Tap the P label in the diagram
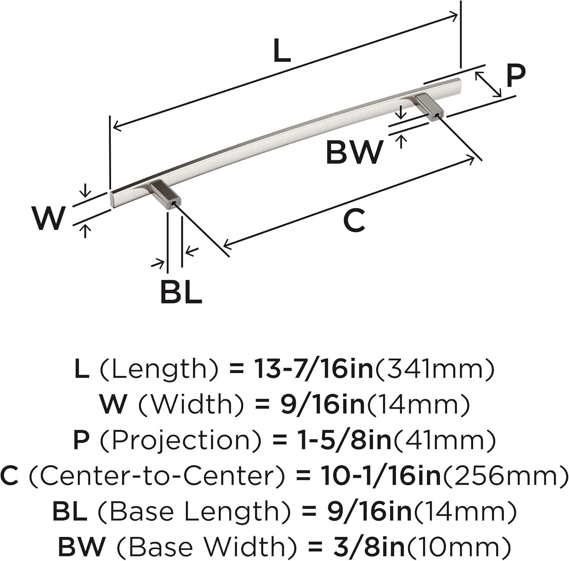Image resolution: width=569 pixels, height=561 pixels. click(x=516, y=76)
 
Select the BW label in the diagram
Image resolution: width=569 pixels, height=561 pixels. click(x=355, y=152)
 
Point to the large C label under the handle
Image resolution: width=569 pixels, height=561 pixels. click(x=354, y=221)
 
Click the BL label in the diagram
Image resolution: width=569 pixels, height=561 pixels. click(x=181, y=292)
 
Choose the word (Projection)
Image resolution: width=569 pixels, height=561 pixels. click(x=181, y=440)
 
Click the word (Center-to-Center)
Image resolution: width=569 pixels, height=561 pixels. click(x=156, y=476)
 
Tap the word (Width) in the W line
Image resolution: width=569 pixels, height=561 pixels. click(x=190, y=405)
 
